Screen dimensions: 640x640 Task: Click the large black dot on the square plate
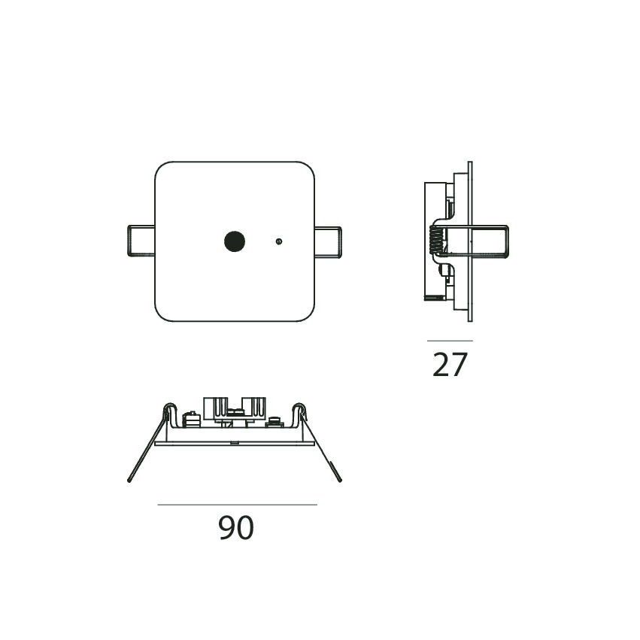click(235, 241)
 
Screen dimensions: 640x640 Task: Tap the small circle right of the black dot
click(279, 241)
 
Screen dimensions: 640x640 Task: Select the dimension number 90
click(236, 528)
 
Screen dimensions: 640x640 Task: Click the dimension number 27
click(450, 365)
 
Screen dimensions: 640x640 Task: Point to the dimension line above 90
click(237, 505)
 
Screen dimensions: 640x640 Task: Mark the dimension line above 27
click(450, 341)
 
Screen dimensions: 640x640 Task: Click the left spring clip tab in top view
click(141, 241)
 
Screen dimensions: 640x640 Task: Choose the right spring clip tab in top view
click(328, 242)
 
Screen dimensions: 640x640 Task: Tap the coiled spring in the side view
click(436, 240)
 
